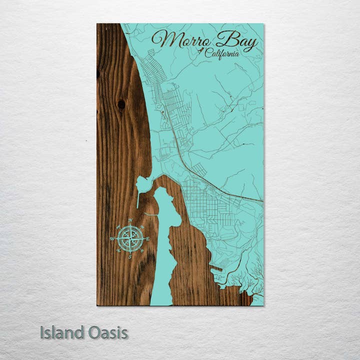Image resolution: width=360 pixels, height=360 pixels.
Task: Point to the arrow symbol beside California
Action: tap(201, 51)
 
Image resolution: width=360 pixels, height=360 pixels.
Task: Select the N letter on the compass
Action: tap(130, 220)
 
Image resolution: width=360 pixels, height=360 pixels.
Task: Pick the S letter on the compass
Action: tap(129, 257)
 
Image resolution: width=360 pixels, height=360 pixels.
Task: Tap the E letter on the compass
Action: tap(148, 239)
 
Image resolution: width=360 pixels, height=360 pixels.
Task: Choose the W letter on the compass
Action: tap(112, 239)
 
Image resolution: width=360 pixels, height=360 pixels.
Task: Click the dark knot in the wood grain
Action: tap(121, 104)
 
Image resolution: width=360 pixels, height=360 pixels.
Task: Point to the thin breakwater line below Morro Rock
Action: tap(138, 200)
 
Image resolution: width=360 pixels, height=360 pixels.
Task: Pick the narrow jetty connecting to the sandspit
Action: tap(150, 214)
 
